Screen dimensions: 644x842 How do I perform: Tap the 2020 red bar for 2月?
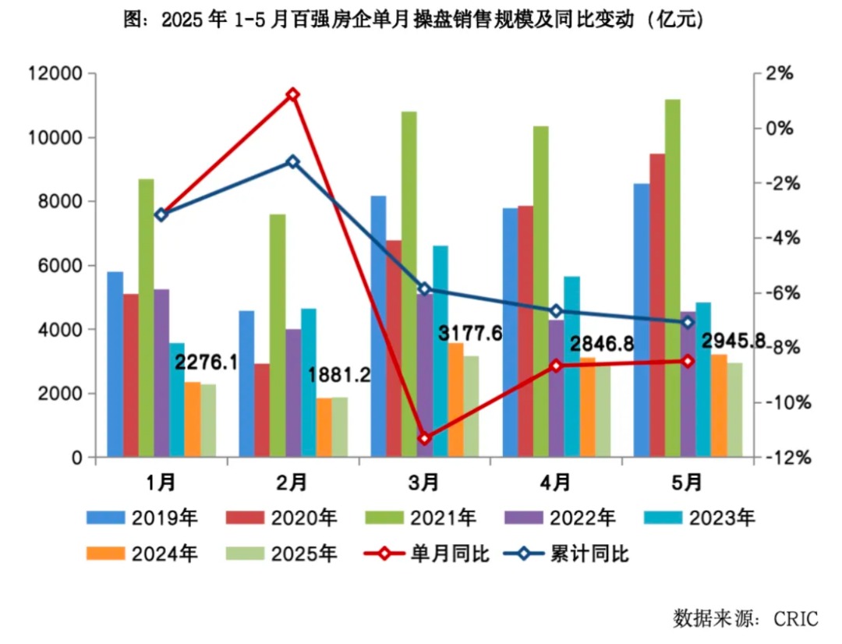pyautogui.click(x=262, y=409)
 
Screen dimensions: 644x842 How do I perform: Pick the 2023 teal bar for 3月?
pyautogui.click(x=440, y=351)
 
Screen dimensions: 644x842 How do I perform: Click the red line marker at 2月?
pyautogui.click(x=293, y=94)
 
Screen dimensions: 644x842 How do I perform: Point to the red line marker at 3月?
pyautogui.click(x=425, y=438)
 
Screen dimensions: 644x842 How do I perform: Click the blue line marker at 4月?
pyautogui.click(x=556, y=311)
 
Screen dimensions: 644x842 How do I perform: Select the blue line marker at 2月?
pyautogui.click(x=293, y=161)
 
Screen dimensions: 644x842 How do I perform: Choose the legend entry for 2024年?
pyautogui.click(x=143, y=554)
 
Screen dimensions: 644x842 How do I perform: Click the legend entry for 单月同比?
pyautogui.click(x=427, y=554)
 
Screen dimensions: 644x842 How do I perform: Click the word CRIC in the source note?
pyautogui.click(x=796, y=619)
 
